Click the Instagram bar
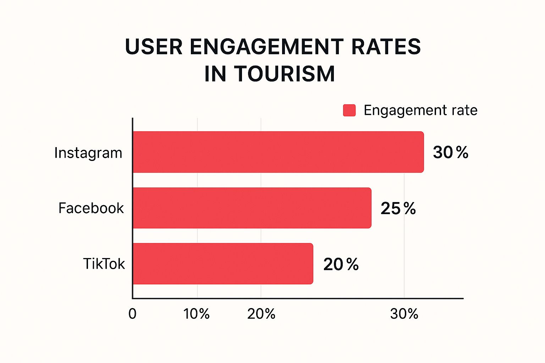pos(278,152)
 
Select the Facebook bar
pos(252,208)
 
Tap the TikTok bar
pos(223,264)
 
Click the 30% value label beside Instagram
pos(451,152)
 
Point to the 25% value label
pos(398,208)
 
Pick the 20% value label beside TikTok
pos(341,264)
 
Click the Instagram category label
pos(88,153)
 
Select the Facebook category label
pos(91,208)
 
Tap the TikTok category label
pos(104,264)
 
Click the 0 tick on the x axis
pos(132,314)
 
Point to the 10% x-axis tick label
pos(197,314)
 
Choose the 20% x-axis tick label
pos(261,314)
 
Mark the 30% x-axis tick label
pos(404,314)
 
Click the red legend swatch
pos(349,110)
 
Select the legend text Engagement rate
pos(420,110)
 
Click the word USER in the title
pos(154,47)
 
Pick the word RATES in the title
pos(386,47)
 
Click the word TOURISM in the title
pos(284,74)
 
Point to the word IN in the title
pos(215,74)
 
